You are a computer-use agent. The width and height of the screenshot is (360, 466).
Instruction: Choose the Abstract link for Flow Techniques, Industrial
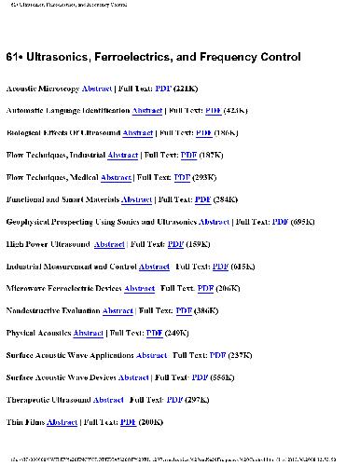123,156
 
